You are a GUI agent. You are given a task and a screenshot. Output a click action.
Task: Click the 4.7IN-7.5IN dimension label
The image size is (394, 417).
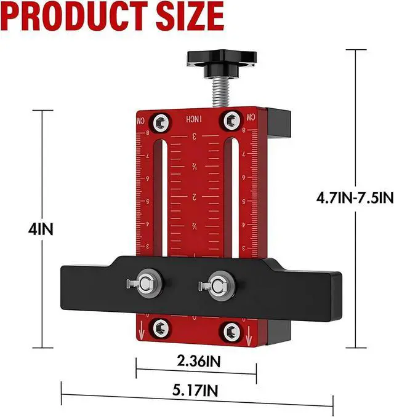coord(354,197)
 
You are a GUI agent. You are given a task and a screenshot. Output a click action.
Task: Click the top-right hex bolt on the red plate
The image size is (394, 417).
coord(232,119)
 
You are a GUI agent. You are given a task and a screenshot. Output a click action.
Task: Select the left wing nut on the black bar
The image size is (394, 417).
coord(146,283)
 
